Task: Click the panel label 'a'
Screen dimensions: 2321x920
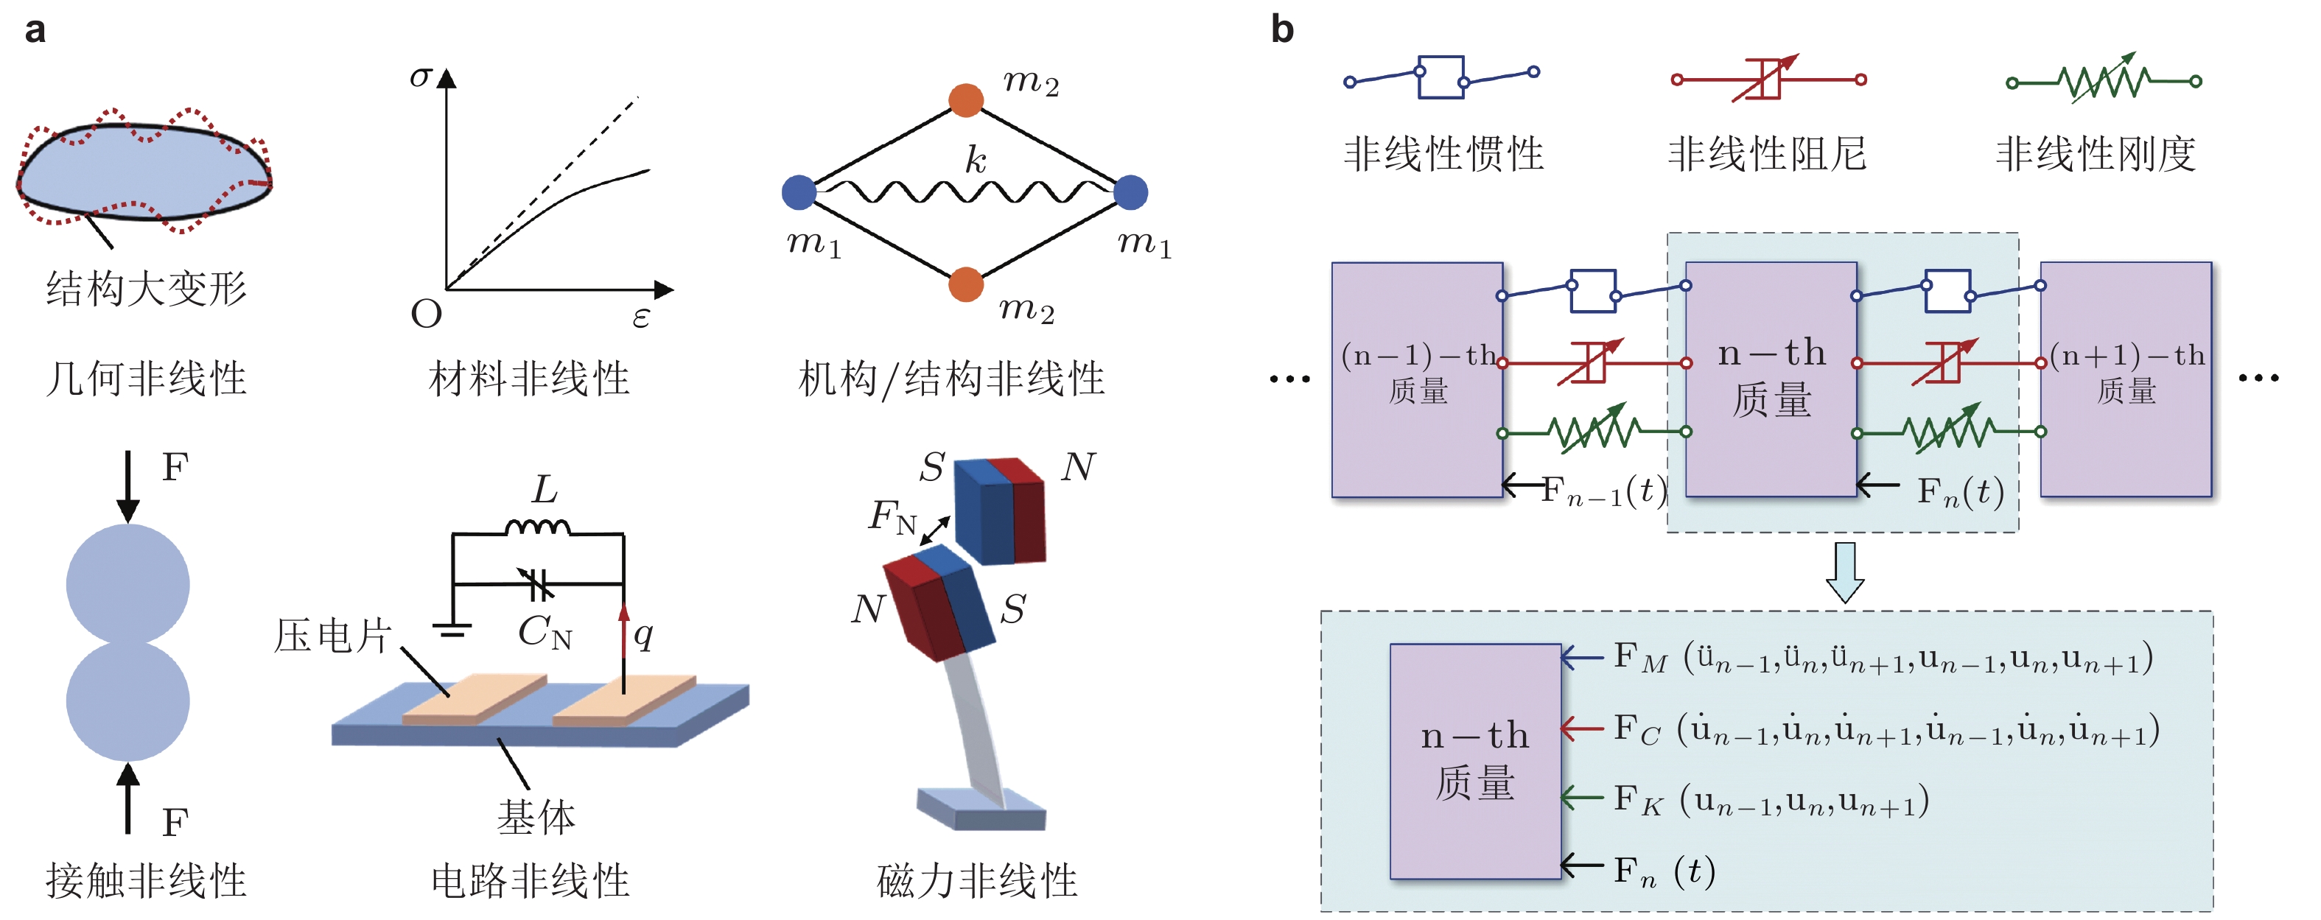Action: pos(35,31)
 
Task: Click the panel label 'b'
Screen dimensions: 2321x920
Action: pos(1282,29)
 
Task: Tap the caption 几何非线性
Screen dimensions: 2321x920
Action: pos(146,379)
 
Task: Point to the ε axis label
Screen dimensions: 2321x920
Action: pos(640,318)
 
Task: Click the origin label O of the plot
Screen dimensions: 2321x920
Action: pos(426,314)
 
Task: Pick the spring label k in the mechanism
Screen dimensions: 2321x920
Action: pos(976,160)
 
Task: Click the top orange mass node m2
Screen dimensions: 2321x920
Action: pos(966,100)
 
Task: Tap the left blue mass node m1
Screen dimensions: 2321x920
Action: pos(799,192)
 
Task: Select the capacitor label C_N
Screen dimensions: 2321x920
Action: pos(545,632)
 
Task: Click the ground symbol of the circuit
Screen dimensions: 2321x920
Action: pos(452,630)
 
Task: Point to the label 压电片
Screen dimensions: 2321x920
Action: pos(332,636)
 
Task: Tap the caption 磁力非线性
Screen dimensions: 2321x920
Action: pos(978,880)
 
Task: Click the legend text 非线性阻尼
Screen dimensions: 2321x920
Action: pos(1768,153)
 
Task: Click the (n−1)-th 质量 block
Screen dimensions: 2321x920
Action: pos(1418,379)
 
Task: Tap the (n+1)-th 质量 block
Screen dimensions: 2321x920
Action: pos(2126,379)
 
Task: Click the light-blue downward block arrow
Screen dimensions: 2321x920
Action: pos(1844,572)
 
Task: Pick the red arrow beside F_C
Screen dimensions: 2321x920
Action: pos(1582,727)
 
